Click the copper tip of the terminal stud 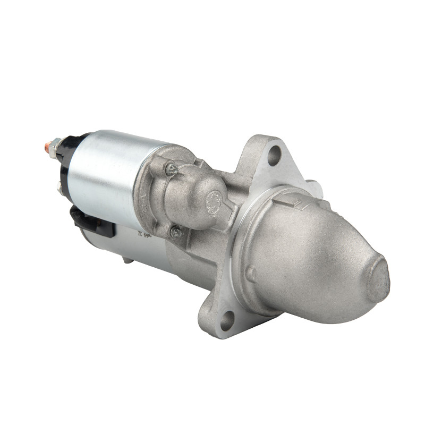48,143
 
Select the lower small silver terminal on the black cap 59,186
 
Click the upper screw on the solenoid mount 171,169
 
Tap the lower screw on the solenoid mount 175,232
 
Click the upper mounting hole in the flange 274,155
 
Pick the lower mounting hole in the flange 227,320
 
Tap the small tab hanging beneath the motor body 127,260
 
